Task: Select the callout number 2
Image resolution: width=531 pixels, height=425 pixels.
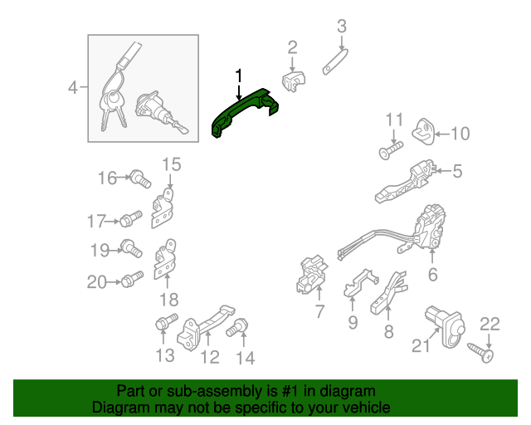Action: (x=292, y=46)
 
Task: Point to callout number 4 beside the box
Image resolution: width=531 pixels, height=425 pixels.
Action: (x=73, y=86)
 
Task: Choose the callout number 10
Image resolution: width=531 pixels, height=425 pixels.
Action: (x=460, y=133)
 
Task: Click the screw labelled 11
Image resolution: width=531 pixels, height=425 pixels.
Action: (x=391, y=151)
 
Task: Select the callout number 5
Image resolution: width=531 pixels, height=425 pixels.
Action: (x=457, y=172)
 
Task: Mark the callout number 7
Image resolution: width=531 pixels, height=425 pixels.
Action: (x=319, y=312)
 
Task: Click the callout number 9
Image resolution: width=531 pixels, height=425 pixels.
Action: (x=353, y=322)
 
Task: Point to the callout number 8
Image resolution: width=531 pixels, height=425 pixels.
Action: (x=388, y=333)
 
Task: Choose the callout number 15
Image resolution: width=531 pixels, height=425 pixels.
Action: (x=170, y=164)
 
